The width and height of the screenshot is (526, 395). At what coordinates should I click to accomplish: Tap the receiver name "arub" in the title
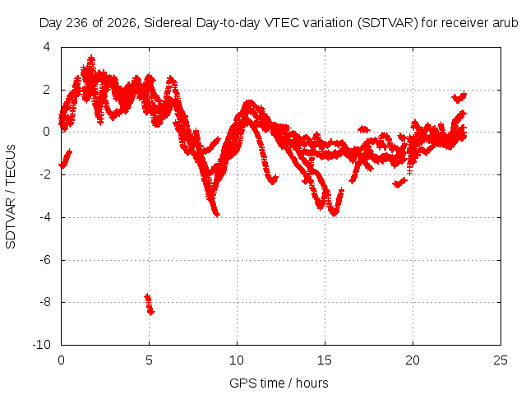[x=505, y=23]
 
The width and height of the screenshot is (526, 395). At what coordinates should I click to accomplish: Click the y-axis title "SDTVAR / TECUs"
[x=11, y=197]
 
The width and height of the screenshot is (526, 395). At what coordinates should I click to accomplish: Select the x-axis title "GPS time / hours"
[x=279, y=383]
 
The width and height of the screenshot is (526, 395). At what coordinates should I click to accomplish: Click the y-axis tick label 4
[x=47, y=47]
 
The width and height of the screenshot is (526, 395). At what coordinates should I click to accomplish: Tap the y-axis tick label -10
[x=42, y=345]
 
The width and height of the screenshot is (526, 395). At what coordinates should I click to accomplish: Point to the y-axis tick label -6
[x=45, y=260]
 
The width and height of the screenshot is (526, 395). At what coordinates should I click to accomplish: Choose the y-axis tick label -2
[x=45, y=174]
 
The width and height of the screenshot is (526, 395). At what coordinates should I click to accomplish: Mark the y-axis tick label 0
[x=47, y=132]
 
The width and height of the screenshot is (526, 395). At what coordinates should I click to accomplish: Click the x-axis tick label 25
[x=501, y=360]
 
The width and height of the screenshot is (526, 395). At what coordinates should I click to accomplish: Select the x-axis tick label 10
[x=237, y=360]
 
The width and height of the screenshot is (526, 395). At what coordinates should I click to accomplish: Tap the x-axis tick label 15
[x=325, y=360]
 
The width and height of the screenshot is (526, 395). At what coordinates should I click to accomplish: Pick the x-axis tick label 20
[x=413, y=360]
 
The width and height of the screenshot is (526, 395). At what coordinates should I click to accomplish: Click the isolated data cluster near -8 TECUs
[x=150, y=304]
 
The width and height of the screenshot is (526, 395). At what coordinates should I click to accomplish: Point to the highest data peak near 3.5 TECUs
[x=91, y=59]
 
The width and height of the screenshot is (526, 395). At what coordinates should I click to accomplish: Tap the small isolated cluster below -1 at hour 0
[x=66, y=159]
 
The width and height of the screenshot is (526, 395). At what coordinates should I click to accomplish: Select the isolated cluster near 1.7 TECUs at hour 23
[x=459, y=97]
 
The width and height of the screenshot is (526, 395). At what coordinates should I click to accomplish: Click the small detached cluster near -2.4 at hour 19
[x=400, y=183]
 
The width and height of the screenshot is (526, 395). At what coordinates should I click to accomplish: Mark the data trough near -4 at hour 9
[x=215, y=212]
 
